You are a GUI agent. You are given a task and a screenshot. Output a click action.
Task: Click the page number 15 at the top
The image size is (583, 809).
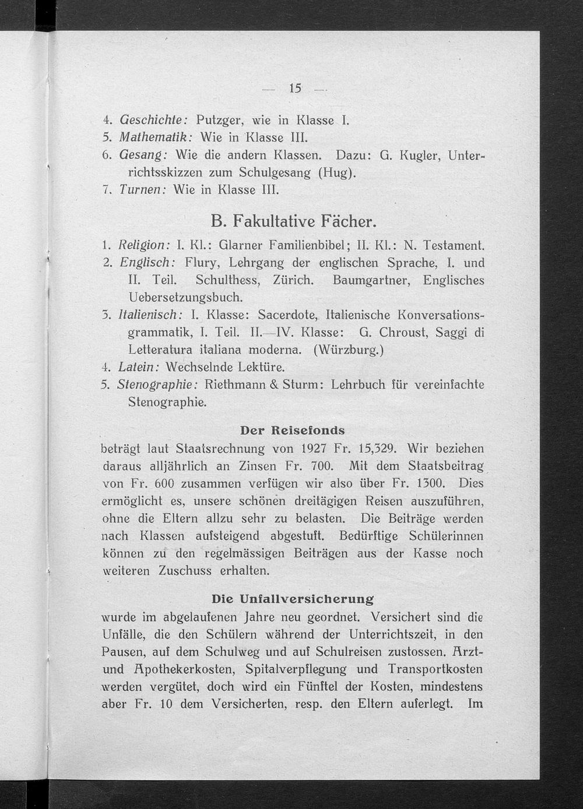(294, 89)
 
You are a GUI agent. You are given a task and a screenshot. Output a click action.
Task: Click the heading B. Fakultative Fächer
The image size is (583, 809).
(293, 221)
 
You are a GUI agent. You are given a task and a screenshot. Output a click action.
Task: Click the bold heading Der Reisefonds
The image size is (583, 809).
(292, 431)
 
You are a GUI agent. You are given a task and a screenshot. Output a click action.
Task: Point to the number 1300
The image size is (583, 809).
(431, 483)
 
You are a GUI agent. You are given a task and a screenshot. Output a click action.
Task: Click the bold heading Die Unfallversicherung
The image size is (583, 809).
(292, 599)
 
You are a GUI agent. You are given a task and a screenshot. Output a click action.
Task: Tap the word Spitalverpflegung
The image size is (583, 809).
(296, 669)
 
